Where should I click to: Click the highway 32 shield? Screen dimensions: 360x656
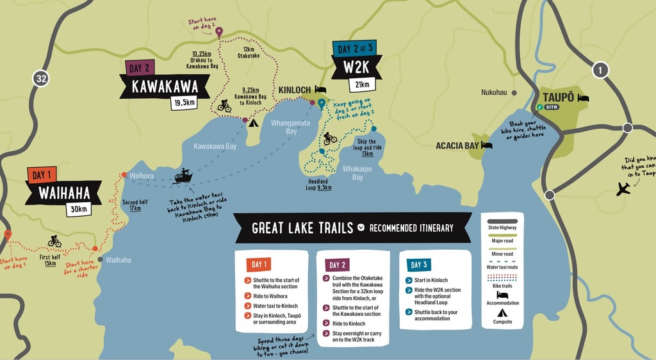(x=41, y=79)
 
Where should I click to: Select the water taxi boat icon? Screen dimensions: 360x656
(x=183, y=176)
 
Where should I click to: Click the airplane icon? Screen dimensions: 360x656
(x=622, y=188)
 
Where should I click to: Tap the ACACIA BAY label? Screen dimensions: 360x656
(x=457, y=146)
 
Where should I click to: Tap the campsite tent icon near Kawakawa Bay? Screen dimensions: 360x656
(x=253, y=123)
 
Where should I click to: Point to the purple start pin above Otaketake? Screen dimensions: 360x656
(x=219, y=32)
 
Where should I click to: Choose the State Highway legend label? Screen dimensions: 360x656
(x=503, y=228)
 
